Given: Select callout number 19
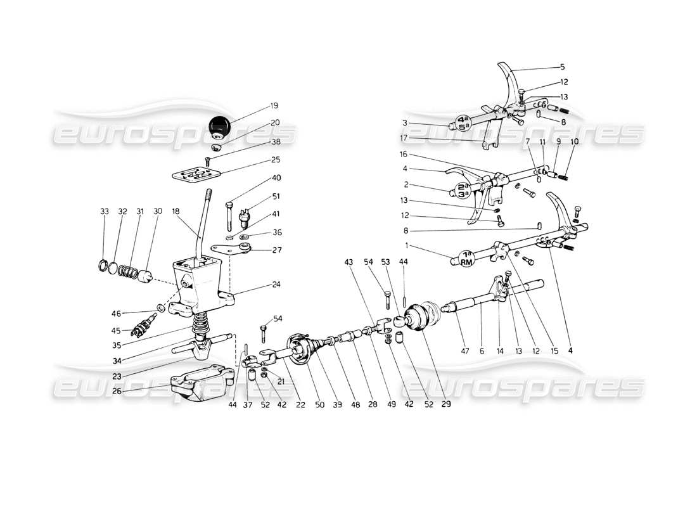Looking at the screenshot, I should coord(256,106).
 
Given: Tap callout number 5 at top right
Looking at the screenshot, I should coord(562,66).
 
